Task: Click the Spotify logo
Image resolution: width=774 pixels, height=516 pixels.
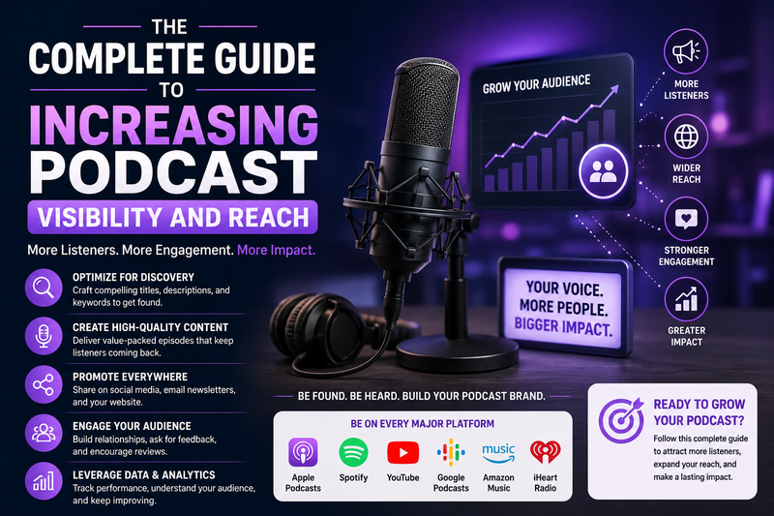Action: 353,452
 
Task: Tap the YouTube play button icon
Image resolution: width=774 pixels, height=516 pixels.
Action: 402,453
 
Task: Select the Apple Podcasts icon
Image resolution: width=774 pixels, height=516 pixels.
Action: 303,452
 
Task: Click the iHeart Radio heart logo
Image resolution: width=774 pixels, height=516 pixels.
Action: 545,452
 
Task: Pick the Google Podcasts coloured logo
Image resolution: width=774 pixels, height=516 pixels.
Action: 451,452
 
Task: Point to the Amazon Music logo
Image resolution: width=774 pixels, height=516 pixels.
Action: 498,453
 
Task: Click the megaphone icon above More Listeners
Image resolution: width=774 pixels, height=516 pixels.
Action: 686,51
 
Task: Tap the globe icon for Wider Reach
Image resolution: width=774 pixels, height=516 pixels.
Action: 686,136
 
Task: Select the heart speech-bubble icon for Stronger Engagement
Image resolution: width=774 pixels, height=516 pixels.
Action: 686,219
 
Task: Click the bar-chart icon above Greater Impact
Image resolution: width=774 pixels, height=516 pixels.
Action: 686,299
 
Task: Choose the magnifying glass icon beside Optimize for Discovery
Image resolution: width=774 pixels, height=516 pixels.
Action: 44,288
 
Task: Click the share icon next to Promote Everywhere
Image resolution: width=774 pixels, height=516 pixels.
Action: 44,384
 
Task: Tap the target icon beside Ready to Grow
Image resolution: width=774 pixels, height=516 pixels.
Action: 621,419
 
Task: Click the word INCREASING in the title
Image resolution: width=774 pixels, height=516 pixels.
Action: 173,125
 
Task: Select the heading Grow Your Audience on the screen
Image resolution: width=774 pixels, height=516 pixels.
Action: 537,84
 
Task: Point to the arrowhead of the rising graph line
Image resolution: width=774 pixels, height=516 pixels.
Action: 614,89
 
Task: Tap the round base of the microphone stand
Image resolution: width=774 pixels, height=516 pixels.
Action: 457,353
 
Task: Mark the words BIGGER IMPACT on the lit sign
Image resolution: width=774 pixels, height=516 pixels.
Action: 563,327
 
